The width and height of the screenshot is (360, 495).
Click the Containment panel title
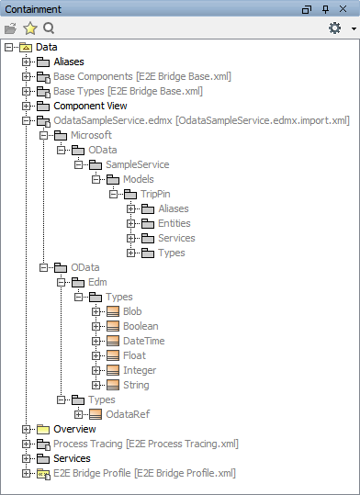point(33,8)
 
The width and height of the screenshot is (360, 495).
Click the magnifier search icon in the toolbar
point(49,28)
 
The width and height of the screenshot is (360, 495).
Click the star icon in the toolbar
point(29,28)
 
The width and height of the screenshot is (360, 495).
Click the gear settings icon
point(334,28)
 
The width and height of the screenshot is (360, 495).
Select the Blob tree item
point(132,311)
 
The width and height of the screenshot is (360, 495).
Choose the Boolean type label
point(141,326)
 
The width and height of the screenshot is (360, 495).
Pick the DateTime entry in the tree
point(143,341)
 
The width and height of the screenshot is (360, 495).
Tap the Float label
point(134,355)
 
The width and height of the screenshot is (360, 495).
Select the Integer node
point(141,370)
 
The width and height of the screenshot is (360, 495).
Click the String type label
point(137,385)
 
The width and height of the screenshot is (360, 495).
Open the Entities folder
point(174,223)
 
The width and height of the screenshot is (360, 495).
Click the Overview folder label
point(74,429)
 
